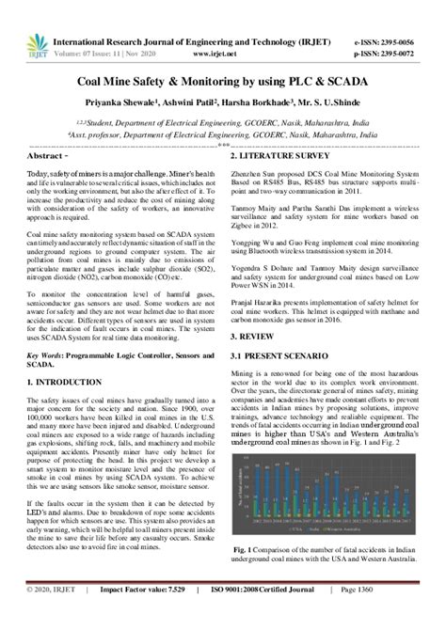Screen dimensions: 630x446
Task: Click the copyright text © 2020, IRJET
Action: (54, 616)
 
